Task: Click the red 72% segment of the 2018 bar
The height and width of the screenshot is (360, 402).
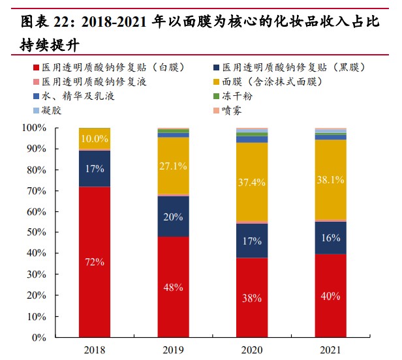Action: (x=95, y=262)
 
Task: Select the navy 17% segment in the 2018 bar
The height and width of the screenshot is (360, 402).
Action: (x=95, y=168)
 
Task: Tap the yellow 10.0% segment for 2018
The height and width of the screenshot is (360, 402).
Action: (x=95, y=138)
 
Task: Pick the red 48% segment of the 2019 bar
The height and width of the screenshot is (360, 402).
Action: (x=173, y=287)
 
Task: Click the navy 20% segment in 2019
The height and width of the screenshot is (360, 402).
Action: (x=173, y=216)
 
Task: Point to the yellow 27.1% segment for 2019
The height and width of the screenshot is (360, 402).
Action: (x=173, y=166)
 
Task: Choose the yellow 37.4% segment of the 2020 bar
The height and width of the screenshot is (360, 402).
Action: (x=252, y=182)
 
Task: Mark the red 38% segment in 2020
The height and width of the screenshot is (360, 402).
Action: (x=252, y=297)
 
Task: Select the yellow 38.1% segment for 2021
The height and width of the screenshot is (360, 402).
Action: (x=330, y=179)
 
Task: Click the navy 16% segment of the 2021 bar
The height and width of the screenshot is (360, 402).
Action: (x=330, y=237)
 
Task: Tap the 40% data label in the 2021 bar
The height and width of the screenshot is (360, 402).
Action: (x=330, y=296)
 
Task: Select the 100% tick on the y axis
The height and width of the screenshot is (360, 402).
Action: (x=33, y=128)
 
